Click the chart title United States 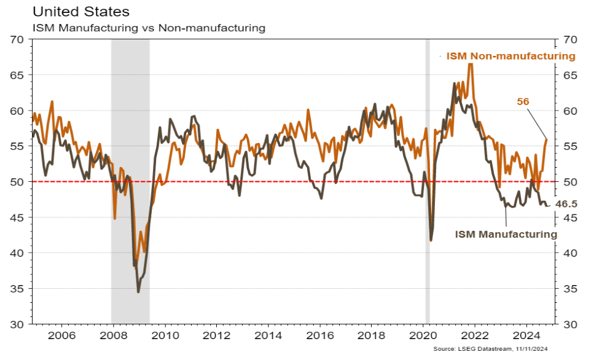(x=72, y=11)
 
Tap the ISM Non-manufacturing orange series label (x=511, y=56)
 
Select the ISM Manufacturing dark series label (x=506, y=234)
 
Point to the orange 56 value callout (x=523, y=102)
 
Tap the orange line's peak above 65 (x=470, y=63)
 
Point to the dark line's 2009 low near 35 (x=138, y=291)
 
